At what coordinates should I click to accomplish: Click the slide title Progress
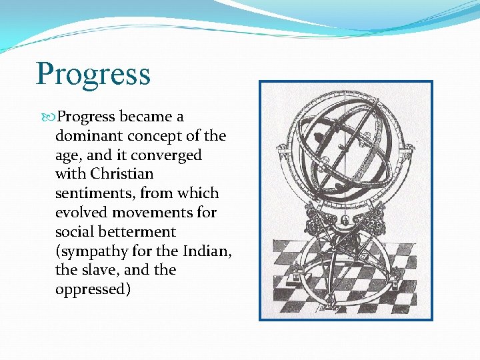(93, 74)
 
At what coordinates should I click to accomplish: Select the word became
(146, 117)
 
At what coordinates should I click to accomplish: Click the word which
(199, 193)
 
